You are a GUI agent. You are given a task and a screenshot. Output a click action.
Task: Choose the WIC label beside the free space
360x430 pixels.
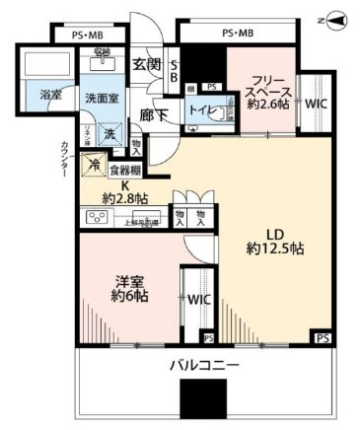[318, 103]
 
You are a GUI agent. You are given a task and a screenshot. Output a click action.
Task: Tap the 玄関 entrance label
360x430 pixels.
[146, 66]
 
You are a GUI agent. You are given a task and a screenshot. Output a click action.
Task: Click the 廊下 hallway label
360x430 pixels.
[153, 115]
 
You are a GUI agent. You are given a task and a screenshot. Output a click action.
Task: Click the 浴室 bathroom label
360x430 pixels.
[51, 96]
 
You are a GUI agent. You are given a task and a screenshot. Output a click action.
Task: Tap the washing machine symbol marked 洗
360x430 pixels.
[109, 133]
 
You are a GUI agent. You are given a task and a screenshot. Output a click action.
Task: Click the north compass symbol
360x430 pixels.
[334, 19]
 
